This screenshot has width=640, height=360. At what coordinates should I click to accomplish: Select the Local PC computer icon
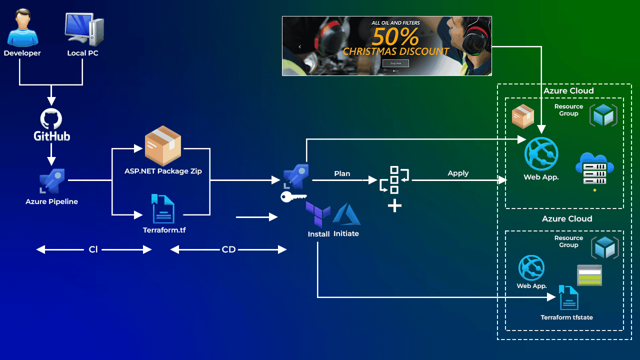coord(83,30)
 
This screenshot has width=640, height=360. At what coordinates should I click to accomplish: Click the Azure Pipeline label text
coord(51,201)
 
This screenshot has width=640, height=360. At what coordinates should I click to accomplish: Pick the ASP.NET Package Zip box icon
coord(162,146)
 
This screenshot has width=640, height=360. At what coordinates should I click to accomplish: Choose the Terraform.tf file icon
coord(163,208)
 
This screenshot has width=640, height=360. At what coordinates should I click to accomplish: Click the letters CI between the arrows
coord(93,249)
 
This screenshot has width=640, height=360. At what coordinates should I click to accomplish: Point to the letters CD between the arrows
coord(228,249)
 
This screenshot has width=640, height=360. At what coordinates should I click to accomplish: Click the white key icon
coord(293,197)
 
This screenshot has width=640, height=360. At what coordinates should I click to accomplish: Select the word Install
coord(318,234)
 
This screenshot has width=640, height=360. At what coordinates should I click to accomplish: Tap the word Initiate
coord(346,233)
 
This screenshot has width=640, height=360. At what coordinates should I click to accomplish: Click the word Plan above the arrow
coord(342,173)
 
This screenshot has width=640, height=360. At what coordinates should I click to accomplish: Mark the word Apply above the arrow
coord(458,173)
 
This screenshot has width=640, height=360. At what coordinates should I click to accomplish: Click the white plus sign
coord(394,205)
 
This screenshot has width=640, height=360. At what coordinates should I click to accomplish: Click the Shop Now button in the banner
coord(395,63)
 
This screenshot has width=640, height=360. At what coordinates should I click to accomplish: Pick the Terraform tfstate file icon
coord(568,298)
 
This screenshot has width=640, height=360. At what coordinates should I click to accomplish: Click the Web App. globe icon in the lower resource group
coord(531,268)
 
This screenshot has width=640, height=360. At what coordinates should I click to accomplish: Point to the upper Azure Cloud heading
coord(568,91)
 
